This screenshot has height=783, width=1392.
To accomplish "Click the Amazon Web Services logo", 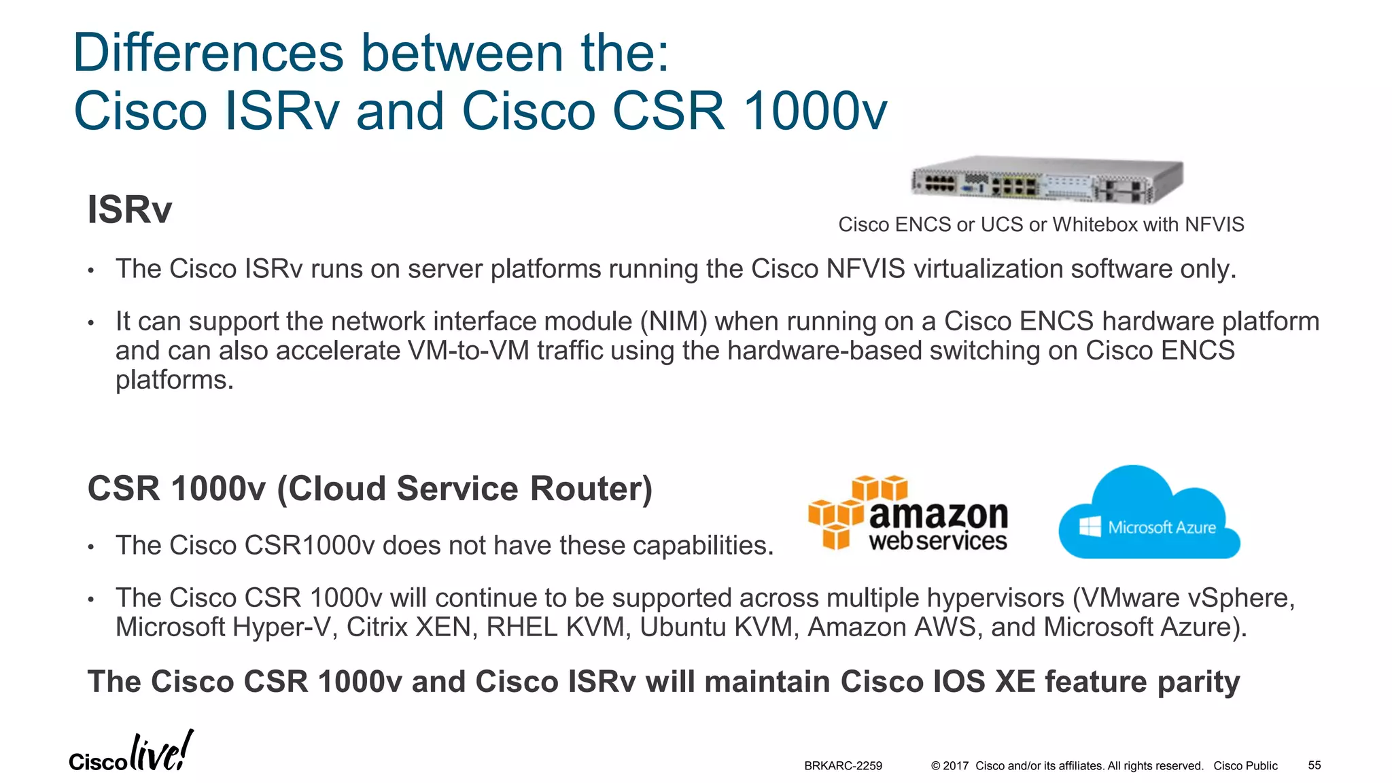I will [908, 513].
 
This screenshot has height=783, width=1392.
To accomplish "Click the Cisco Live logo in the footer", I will [130, 753].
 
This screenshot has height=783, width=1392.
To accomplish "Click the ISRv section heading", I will [129, 209].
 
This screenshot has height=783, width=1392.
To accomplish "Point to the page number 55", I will [1315, 765].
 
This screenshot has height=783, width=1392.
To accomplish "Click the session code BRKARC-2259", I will [843, 766].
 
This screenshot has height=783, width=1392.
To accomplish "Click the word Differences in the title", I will [208, 53].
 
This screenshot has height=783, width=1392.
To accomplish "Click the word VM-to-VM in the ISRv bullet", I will [468, 351].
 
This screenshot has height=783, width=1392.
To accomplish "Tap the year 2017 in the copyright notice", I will [955, 766].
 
